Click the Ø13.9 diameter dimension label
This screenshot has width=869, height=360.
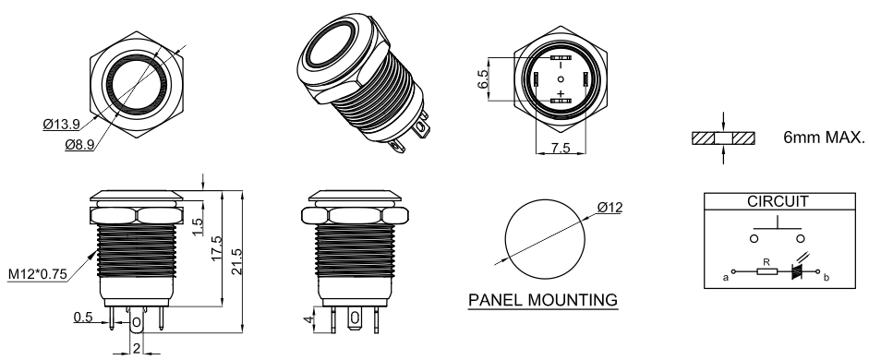pyautogui.click(x=61, y=124)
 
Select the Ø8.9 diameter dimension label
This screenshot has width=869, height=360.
pyautogui.click(x=79, y=145)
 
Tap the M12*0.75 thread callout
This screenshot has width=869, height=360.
pyautogui.click(x=38, y=274)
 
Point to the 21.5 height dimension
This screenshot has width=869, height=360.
pyautogui.click(x=236, y=262)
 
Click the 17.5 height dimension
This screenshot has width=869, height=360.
pyautogui.click(x=216, y=248)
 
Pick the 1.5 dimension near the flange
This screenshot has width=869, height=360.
pyautogui.click(x=197, y=226)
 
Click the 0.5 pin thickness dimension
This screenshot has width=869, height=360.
pyautogui.click(x=83, y=317)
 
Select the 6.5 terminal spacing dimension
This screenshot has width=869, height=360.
pyautogui.click(x=483, y=79)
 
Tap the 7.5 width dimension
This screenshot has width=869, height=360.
pyautogui.click(x=561, y=149)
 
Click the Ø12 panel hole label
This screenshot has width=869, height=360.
pyautogui.click(x=610, y=208)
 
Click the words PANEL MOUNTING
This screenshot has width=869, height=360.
pyautogui.click(x=543, y=300)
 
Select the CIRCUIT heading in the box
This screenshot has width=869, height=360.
pyautogui.click(x=778, y=201)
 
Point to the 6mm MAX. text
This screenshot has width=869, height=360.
pyautogui.click(x=824, y=138)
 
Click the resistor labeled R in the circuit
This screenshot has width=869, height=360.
pyautogui.click(x=767, y=271)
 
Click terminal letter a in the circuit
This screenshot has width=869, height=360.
pyautogui.click(x=726, y=278)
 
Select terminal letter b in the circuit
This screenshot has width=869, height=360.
pyautogui.click(x=827, y=278)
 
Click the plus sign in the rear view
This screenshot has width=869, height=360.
pyautogui.click(x=561, y=93)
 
